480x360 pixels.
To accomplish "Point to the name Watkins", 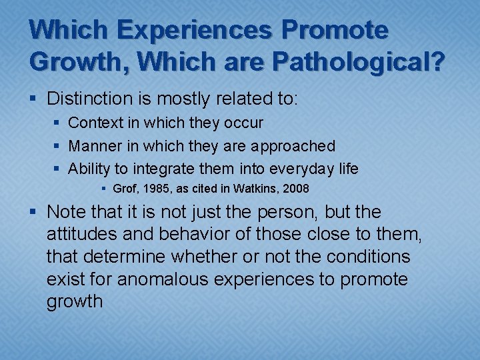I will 257,189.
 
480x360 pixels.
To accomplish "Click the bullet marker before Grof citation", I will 105,189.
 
